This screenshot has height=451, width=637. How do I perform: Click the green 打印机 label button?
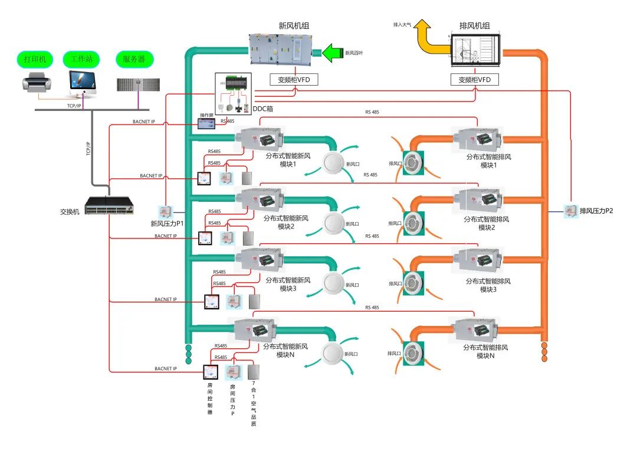pos(35,59)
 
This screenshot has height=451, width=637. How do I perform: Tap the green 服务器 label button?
pos(134,59)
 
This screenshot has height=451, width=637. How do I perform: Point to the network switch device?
pos(110,205)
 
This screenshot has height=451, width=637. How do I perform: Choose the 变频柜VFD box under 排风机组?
pos(475,79)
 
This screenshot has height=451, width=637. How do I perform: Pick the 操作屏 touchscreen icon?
pos(208,123)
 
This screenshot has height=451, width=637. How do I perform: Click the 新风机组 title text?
pos(294,26)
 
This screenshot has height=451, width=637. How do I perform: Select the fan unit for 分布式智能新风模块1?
pos(259,139)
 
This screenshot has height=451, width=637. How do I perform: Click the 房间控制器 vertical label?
pos(209,399)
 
